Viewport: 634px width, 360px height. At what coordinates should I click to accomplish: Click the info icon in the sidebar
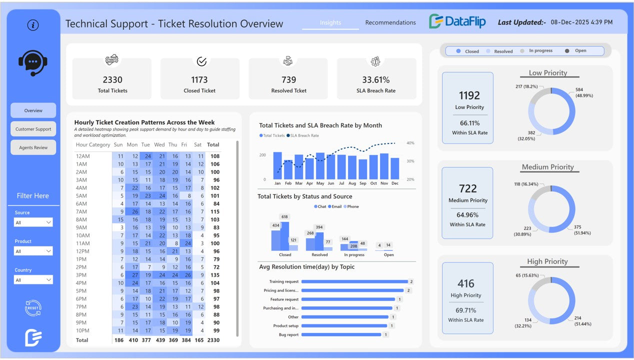coord(33,25)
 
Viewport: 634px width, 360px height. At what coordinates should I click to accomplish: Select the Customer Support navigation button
coord(33,129)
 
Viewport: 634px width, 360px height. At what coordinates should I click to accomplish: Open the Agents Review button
coord(33,147)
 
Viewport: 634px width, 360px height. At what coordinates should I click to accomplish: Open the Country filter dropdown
coord(33,280)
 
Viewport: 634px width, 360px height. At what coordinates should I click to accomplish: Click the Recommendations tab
coord(390,22)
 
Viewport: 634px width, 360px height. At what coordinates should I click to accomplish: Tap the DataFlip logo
coord(457,21)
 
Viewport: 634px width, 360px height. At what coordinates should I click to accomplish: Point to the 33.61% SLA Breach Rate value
coord(376,79)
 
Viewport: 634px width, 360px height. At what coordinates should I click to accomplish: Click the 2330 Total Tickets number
coord(112,79)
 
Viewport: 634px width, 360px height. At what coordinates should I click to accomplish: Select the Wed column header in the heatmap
coord(159,144)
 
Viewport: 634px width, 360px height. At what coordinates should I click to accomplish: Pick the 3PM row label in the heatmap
coord(81,275)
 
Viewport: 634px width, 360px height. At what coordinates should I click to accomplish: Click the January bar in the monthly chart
coord(277,166)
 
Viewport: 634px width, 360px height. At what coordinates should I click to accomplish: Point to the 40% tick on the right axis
coord(410,143)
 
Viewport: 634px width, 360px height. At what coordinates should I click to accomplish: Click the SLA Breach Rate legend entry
coord(304,135)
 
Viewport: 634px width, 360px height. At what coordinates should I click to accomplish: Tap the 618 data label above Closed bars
coord(284,217)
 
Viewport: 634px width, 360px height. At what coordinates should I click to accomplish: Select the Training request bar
coord(354,281)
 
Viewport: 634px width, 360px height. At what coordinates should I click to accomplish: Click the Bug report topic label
coord(288,335)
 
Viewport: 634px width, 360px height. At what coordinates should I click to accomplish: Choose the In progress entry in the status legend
coord(540,51)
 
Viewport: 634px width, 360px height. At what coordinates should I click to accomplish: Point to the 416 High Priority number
coord(466,283)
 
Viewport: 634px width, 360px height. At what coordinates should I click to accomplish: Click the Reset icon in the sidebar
coord(33,308)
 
